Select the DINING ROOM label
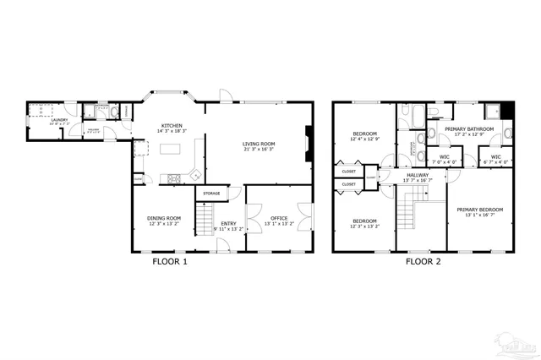pos(165,218)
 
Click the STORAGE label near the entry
pos(211,194)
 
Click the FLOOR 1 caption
pos(169,261)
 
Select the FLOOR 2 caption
pos(423,261)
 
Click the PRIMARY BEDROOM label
pos(479,210)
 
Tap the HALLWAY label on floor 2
pos(417,175)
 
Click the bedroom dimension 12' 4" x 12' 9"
pos(365,139)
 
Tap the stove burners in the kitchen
pos(175,177)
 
